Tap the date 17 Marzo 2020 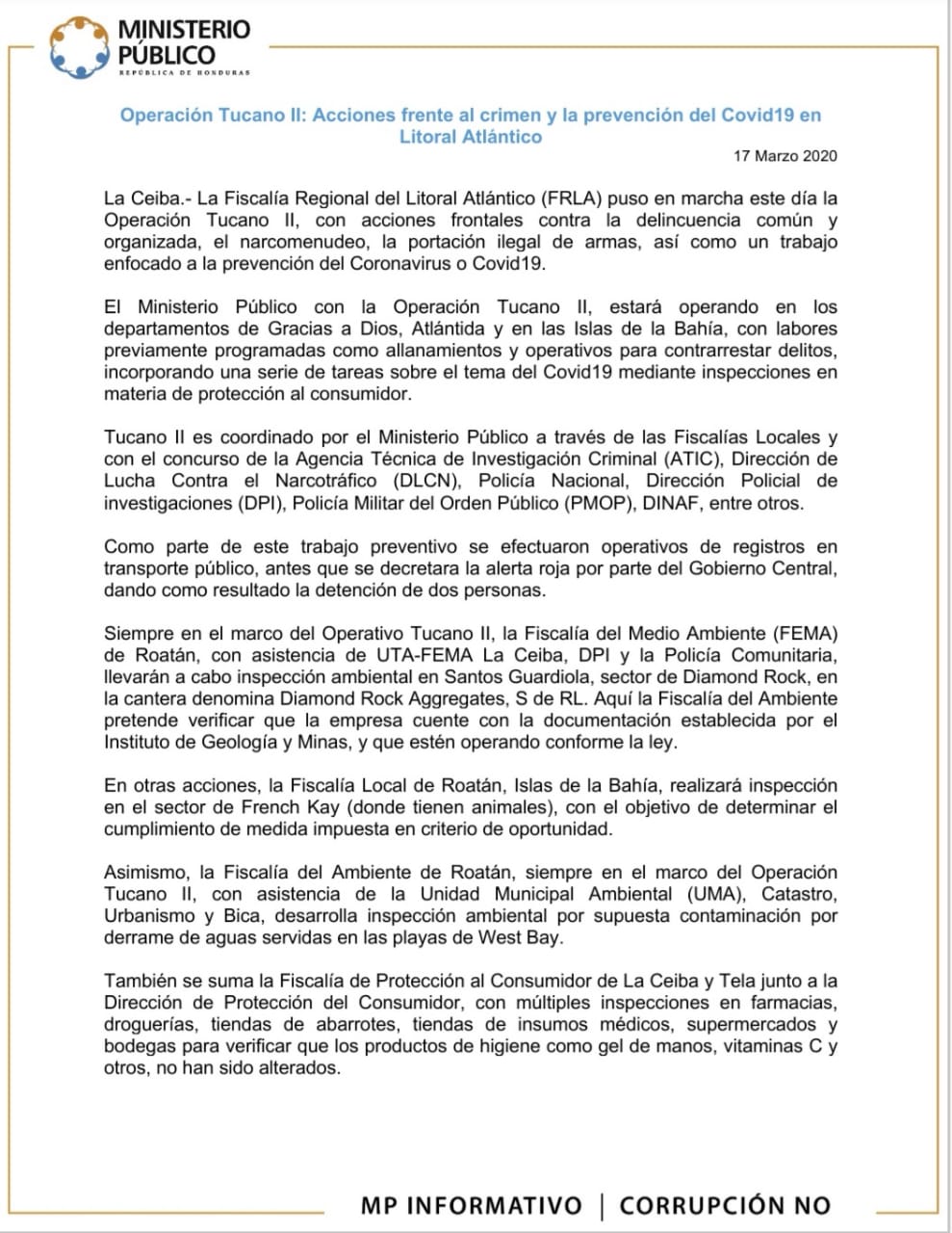tap(785, 156)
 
